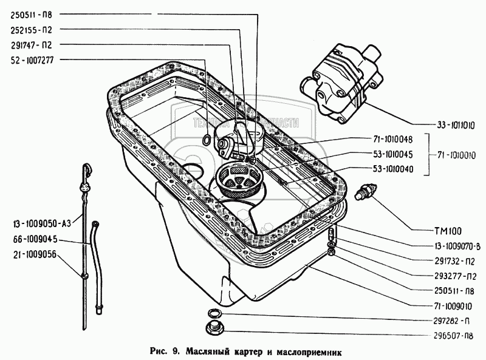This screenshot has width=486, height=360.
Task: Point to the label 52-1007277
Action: pos(33,59)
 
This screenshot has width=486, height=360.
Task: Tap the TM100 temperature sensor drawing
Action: pos(364,191)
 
